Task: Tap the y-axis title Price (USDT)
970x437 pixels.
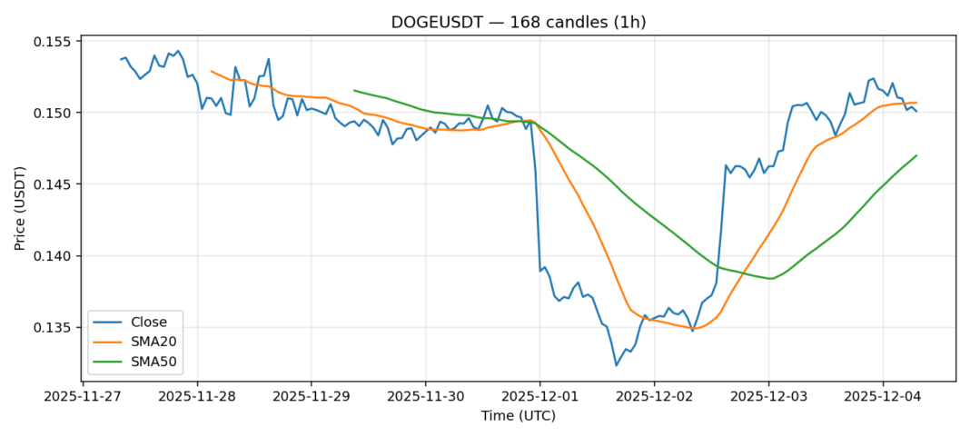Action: click(20, 209)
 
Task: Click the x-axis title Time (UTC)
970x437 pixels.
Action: click(518, 416)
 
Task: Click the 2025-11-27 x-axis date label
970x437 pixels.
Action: click(83, 397)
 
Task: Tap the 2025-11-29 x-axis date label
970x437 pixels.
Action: click(312, 397)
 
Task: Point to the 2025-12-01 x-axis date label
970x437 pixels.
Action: click(540, 397)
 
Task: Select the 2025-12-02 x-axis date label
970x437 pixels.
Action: click(655, 397)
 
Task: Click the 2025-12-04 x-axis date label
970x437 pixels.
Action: click(884, 397)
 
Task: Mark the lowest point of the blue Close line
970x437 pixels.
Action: click(617, 365)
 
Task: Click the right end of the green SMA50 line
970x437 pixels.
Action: click(916, 155)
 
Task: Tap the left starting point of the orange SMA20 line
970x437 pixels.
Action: click(212, 71)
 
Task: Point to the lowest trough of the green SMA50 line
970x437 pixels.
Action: click(770, 279)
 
